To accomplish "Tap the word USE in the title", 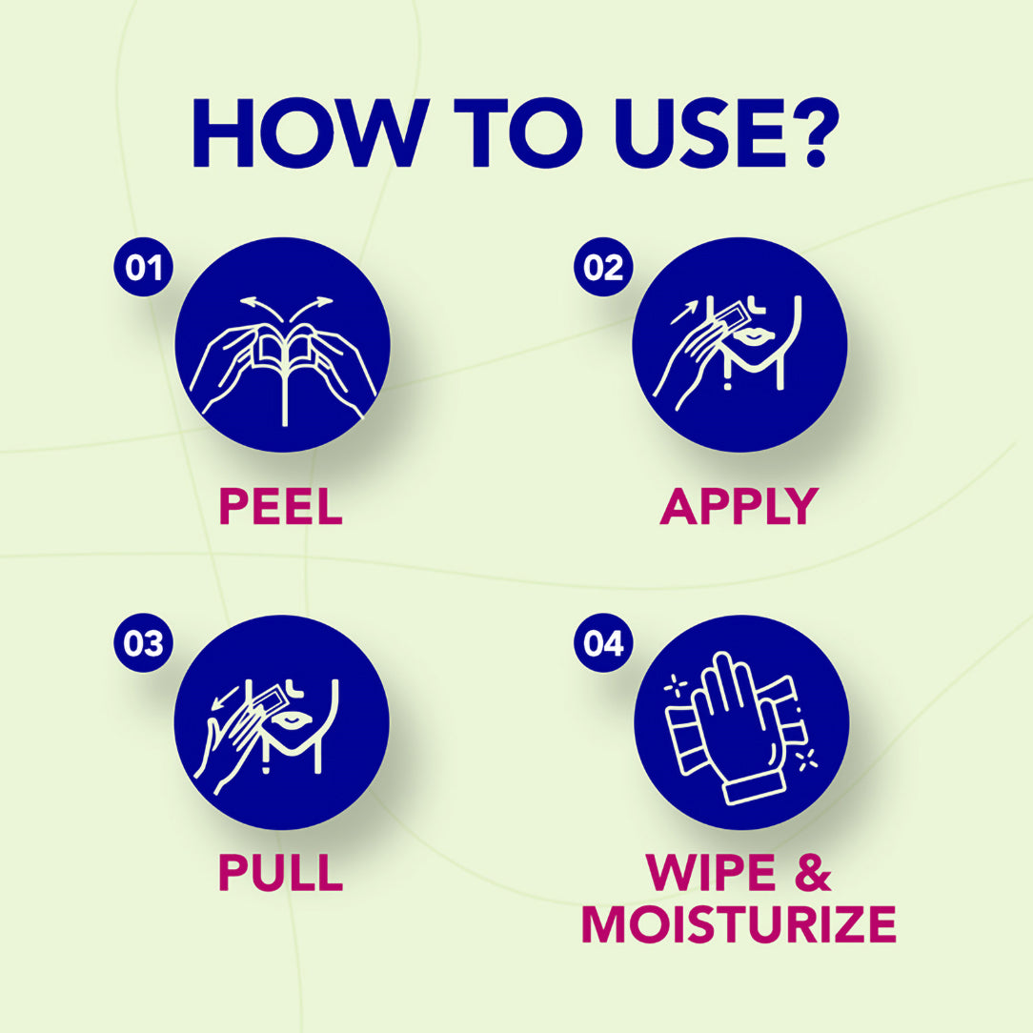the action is click(699, 132).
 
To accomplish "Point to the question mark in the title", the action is click(816, 132).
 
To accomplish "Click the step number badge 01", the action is click(144, 267).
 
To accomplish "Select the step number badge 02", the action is click(603, 267).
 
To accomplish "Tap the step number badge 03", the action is click(144, 643).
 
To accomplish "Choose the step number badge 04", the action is click(603, 643).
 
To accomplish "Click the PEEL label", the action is click(281, 506).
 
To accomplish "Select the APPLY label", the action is click(739, 506).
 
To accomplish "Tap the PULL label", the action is click(281, 872).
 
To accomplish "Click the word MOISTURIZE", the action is click(739, 924).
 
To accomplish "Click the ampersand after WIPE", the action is click(814, 872).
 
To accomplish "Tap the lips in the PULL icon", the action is click(291, 719).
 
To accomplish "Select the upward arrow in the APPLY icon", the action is click(683, 312).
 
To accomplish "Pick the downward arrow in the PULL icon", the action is click(225, 698).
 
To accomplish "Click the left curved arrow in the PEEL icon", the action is click(259, 309).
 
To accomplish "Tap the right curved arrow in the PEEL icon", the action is click(311, 309).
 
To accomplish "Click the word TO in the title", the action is click(518, 132).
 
